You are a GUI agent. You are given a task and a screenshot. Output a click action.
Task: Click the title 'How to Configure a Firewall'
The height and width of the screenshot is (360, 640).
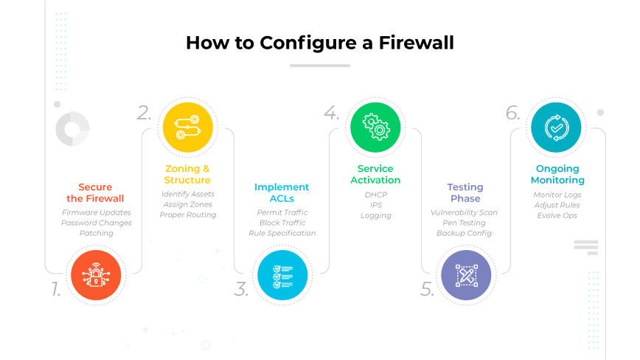pyautogui.click(x=319, y=42)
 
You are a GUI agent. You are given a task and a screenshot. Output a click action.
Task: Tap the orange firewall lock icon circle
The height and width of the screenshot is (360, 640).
pyautogui.click(x=96, y=275)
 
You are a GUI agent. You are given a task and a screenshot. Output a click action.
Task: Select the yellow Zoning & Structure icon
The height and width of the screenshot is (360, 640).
pyautogui.click(x=187, y=128)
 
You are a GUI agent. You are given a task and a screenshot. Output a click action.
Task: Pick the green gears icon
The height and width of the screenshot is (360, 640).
pyautogui.click(x=375, y=128)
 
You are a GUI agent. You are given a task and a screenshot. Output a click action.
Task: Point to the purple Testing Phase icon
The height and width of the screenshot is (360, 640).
pyautogui.click(x=466, y=275)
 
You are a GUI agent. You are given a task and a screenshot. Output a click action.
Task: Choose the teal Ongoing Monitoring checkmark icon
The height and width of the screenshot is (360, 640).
pyautogui.click(x=556, y=128)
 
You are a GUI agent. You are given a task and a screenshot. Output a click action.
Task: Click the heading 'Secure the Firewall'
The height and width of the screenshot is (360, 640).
pyautogui.click(x=96, y=193)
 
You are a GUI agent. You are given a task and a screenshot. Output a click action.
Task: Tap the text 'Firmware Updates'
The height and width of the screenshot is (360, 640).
pyautogui.click(x=96, y=212)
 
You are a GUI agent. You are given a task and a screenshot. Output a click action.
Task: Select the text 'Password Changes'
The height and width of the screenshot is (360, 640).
pyautogui.click(x=96, y=223)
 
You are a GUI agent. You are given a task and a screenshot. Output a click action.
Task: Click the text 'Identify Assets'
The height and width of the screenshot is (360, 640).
pyautogui.click(x=187, y=194)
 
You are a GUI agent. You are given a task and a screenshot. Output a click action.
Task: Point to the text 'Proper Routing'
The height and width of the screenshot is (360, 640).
pyautogui.click(x=187, y=215)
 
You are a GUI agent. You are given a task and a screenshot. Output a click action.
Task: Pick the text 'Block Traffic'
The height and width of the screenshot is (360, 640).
pyautogui.click(x=282, y=223)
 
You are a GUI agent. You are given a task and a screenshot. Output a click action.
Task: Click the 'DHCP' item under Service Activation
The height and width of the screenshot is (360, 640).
pyautogui.click(x=375, y=195)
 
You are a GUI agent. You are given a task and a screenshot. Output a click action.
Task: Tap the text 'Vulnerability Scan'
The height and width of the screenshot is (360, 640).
pyautogui.click(x=465, y=212)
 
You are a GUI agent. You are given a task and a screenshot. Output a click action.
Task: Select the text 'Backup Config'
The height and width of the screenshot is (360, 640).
pyautogui.click(x=465, y=233)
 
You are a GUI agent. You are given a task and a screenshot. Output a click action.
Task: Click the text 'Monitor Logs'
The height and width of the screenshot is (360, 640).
pyautogui.click(x=557, y=195)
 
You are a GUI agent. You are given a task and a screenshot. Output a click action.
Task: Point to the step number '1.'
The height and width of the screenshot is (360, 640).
pyautogui.click(x=56, y=290)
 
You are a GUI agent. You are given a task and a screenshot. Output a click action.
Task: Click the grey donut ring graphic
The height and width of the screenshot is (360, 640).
pyautogui.click(x=72, y=129)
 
